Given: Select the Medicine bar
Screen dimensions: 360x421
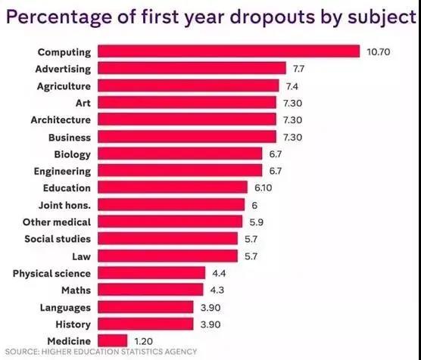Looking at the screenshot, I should pos(111,340).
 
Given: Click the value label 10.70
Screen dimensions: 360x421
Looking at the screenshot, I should pos(379,52).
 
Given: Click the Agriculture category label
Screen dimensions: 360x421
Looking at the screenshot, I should pos(64,85).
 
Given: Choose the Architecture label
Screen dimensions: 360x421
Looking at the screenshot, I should pos(61,119).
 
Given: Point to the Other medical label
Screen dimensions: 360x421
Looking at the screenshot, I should pos(57,222).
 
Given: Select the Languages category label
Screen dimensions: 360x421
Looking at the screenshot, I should pos(65,307).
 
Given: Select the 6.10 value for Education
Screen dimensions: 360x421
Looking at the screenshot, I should pos(262,188).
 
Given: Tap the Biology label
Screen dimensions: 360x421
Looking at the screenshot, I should pos(72,154).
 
